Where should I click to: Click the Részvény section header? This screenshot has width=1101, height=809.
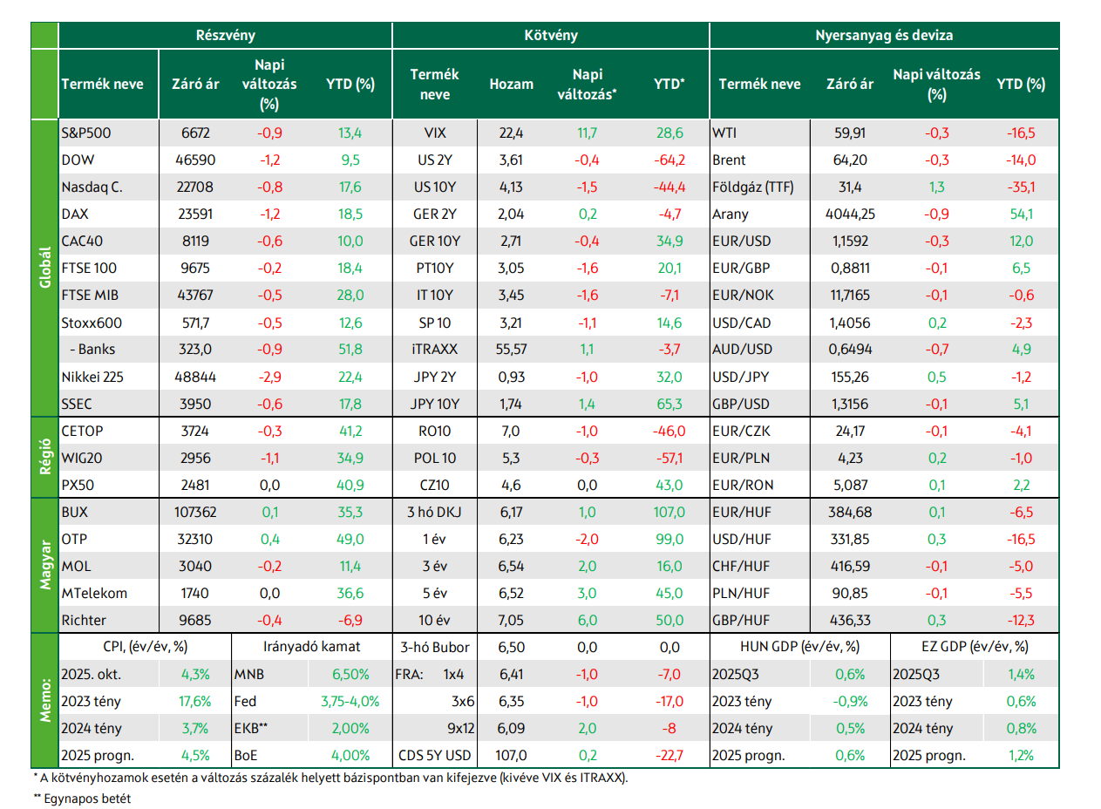pyautogui.click(x=226, y=36)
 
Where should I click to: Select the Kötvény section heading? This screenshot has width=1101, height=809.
pyautogui.click(x=551, y=36)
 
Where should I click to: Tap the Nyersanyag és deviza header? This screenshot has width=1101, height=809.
pyautogui.click(x=884, y=36)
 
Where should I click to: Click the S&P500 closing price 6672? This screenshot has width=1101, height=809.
pyautogui.click(x=195, y=133)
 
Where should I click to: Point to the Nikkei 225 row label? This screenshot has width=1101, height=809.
pyautogui.click(x=92, y=377)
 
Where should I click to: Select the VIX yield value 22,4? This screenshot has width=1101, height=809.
pyautogui.click(x=511, y=133)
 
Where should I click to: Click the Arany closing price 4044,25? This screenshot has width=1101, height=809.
pyautogui.click(x=850, y=214)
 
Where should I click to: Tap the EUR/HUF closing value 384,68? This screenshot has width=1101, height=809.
pyautogui.click(x=850, y=512)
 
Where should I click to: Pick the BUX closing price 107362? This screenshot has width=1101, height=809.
pyautogui.click(x=195, y=512)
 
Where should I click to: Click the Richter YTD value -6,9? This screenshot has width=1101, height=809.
pyautogui.click(x=350, y=621)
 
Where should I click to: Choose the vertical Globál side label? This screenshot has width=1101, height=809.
pyautogui.click(x=45, y=268)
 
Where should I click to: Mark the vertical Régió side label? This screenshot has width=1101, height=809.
pyautogui.click(x=45, y=457)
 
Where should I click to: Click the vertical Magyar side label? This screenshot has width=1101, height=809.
pyautogui.click(x=45, y=565)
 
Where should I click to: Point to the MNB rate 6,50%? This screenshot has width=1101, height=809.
pyautogui.click(x=350, y=675)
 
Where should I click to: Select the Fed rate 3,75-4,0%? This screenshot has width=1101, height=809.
pyautogui.click(x=350, y=702)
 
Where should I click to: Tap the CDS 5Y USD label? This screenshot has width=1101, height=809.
pyautogui.click(x=434, y=756)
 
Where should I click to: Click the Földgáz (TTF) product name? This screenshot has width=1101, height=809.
pyautogui.click(x=753, y=187)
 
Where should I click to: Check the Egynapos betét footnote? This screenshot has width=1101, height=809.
pyautogui.click(x=83, y=799)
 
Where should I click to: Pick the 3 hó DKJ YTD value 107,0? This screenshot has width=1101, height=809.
pyautogui.click(x=669, y=512)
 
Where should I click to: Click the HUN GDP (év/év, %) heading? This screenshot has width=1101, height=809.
pyautogui.click(x=800, y=647)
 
